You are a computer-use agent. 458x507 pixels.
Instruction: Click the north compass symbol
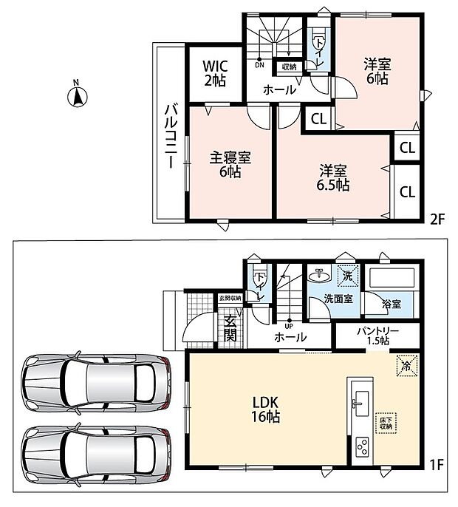coord(78,96)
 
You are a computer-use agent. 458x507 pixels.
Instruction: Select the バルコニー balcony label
coord(171,136)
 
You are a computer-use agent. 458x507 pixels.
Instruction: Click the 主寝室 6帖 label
coord(230,165)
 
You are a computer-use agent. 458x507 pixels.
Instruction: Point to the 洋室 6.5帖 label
coord(333,178)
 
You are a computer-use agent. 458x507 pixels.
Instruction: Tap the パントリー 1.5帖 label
coord(377,336)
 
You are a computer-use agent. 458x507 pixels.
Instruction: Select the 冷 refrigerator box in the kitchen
coord(406,366)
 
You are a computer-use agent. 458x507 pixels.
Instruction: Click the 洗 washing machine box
coord(348,276)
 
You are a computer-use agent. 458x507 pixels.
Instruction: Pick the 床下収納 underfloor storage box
coord(386,423)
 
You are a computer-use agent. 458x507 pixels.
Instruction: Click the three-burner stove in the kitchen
coord(362,447)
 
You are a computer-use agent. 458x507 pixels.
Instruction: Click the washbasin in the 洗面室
coord(320,276)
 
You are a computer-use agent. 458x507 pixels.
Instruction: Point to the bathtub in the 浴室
coord(392,276)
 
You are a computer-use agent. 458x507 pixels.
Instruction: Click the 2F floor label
coord(437,220)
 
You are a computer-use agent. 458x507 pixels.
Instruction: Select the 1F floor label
coord(436,465)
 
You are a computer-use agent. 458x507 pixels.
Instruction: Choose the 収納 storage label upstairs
coord(289,67)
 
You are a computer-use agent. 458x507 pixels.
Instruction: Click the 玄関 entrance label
coord(230,328)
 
